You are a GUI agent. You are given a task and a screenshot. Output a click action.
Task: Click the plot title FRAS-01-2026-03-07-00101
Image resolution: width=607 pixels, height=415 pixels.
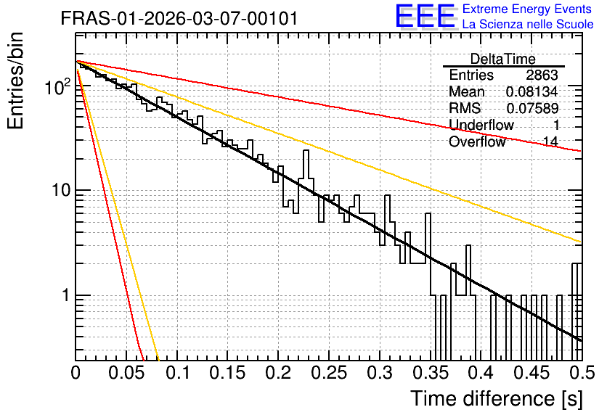coord(179,18)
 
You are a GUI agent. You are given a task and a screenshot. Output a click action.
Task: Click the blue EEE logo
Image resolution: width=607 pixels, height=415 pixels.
coord(425,16)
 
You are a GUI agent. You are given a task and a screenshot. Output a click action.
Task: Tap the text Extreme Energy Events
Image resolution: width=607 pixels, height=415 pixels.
coord(527,9)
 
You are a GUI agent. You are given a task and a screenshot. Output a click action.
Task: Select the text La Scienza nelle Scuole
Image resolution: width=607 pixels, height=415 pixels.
coord(528,24)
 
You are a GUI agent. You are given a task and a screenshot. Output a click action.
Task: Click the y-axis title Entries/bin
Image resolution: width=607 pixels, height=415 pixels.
coord(16,81)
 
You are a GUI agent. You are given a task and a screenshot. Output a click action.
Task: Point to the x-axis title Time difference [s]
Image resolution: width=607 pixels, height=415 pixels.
coord(497,399)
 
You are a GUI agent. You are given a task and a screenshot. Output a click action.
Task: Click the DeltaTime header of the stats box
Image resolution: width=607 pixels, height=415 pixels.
coord(503,59)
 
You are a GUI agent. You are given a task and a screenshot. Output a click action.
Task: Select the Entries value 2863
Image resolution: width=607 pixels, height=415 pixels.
coord(542,75)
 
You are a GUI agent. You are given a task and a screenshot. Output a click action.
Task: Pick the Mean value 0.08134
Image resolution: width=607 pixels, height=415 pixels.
coord(532,91)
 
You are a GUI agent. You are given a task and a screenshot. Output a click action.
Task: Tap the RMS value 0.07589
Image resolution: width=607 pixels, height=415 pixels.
coord(532,108)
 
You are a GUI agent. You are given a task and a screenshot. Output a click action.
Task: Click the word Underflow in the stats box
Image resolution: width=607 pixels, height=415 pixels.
coord(481,125)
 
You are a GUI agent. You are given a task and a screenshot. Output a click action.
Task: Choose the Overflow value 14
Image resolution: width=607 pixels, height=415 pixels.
coord(550,141)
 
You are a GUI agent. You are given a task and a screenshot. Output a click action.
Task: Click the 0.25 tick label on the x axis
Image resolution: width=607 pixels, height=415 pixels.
coord(330,373)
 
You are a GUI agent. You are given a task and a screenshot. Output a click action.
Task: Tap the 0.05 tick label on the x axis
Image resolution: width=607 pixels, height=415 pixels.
coord(127,373)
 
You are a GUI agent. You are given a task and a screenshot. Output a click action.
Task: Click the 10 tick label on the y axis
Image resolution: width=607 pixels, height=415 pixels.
coord(61,190)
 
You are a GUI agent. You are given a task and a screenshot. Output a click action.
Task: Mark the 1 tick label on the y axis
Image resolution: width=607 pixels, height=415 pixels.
coord(65,295)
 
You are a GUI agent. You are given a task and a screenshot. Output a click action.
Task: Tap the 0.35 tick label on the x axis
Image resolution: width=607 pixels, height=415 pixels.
coord(431,373)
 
